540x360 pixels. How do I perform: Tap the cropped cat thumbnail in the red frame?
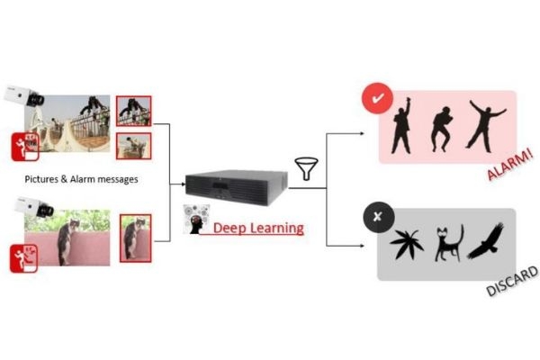tap(135, 238)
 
